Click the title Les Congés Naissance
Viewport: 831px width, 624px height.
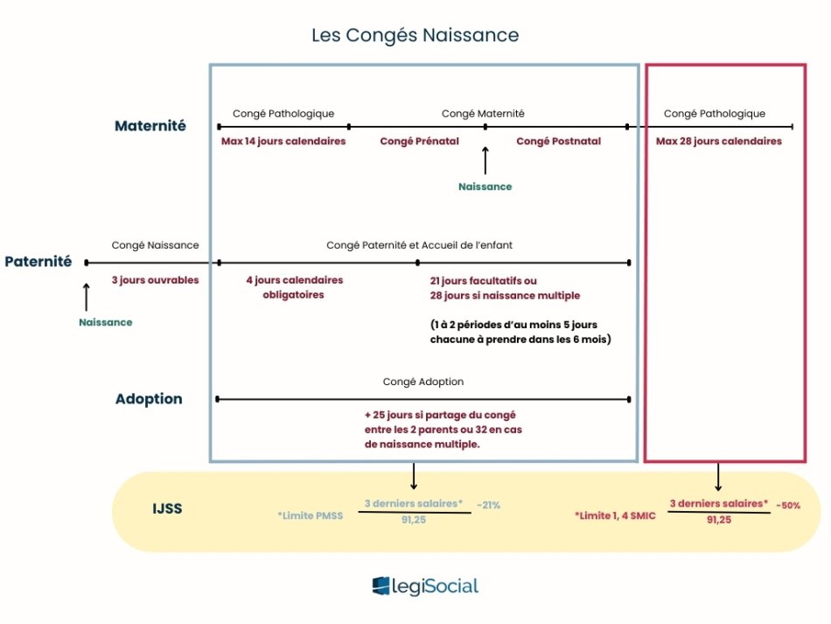(415, 36)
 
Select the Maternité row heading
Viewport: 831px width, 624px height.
(150, 126)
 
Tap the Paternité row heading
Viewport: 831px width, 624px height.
(38, 262)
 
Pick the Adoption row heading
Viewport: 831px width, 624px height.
(149, 399)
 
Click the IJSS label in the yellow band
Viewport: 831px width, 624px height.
(166, 508)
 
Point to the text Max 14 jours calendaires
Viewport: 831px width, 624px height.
(283, 141)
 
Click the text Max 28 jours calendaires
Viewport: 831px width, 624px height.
(719, 141)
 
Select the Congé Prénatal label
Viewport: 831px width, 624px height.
(420, 141)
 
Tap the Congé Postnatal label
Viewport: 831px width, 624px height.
(558, 141)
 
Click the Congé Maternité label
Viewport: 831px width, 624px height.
(483, 114)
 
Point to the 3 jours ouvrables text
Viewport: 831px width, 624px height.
(155, 280)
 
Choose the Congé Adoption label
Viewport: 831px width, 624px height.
(423, 382)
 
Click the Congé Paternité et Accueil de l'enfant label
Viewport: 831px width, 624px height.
(426, 245)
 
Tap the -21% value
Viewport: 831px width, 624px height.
(488, 505)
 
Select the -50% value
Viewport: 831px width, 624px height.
(787, 505)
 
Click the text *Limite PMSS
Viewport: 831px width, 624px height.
(311, 516)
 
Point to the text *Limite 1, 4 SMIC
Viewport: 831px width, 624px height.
(615, 516)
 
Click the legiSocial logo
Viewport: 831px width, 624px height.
(425, 586)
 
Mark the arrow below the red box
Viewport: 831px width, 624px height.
(718, 477)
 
